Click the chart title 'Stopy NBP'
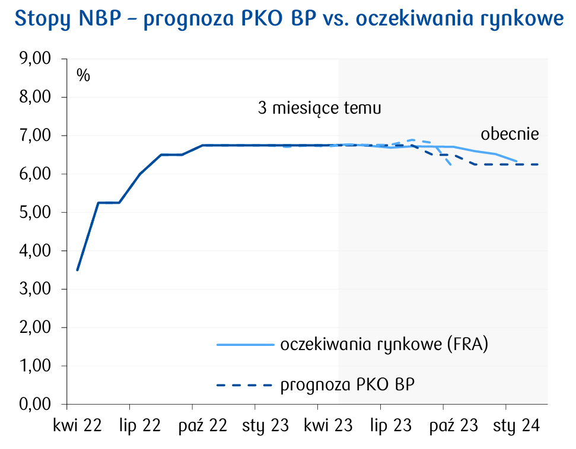(288, 19)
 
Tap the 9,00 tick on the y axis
(36, 59)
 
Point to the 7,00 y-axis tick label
(36, 136)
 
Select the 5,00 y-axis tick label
(36, 212)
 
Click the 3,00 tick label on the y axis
(36, 289)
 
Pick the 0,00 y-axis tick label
(36, 404)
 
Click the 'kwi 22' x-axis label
(77, 426)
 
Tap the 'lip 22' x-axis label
(140, 426)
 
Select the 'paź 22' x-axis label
(202, 426)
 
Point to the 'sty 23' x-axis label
(265, 426)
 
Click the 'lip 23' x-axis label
(390, 426)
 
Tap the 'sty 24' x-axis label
(515, 426)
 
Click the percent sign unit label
(83, 76)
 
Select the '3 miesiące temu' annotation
(319, 109)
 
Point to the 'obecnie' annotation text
(510, 134)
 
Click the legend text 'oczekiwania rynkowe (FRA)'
(384, 345)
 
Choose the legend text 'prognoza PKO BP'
(347, 385)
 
